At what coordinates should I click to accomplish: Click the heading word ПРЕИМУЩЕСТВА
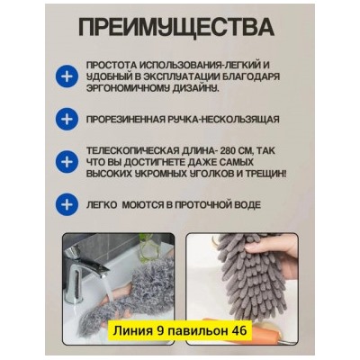tap(180, 26)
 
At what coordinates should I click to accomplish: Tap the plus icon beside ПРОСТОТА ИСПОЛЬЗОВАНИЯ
tap(66, 76)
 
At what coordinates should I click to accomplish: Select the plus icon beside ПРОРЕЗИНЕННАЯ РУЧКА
tap(66, 118)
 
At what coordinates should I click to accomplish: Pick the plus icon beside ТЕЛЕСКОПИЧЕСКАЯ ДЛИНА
tap(66, 162)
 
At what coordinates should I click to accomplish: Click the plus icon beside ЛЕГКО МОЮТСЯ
tap(66, 204)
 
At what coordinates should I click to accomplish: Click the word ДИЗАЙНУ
tap(193, 88)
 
